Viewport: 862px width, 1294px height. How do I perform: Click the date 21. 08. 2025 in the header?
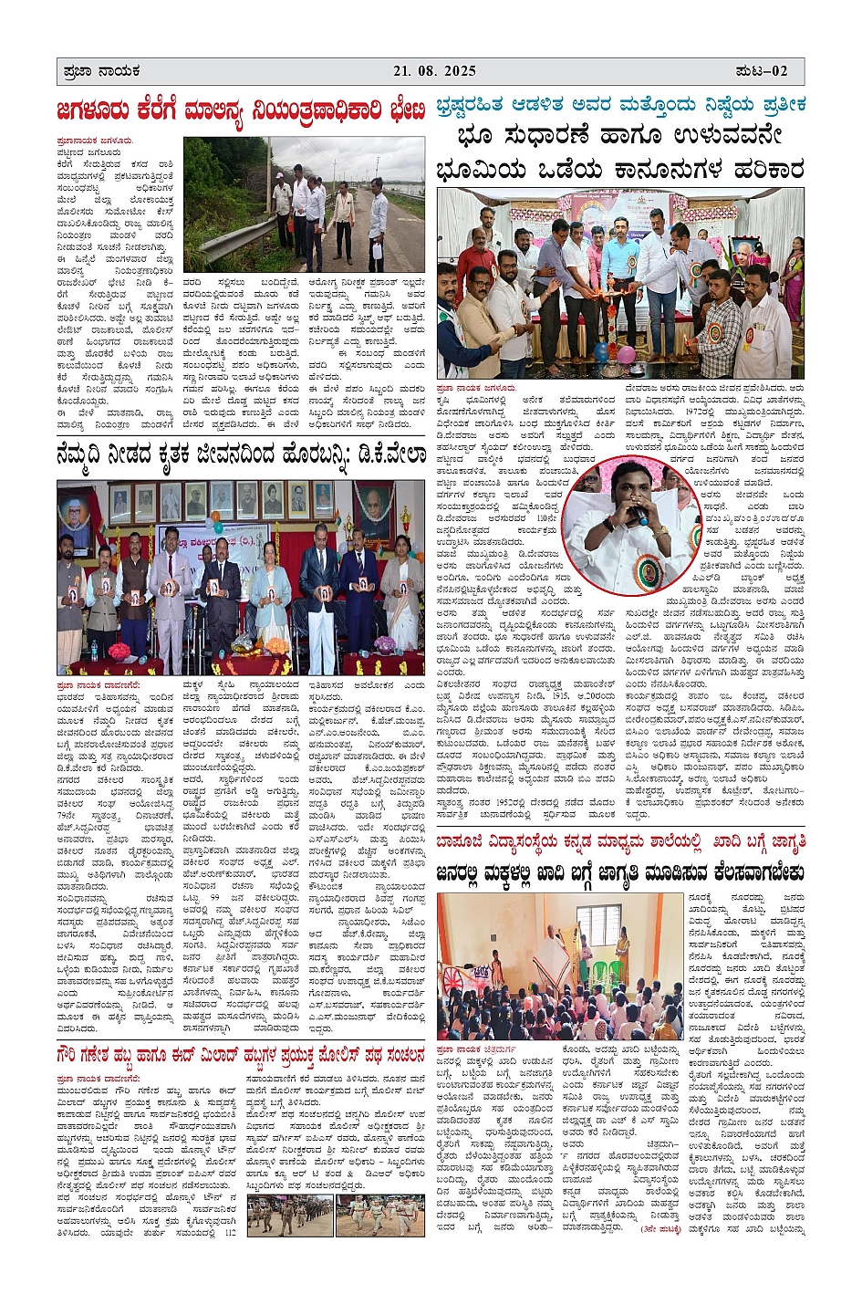435,71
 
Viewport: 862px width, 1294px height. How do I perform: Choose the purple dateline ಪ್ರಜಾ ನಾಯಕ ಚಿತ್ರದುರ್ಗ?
474,1050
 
